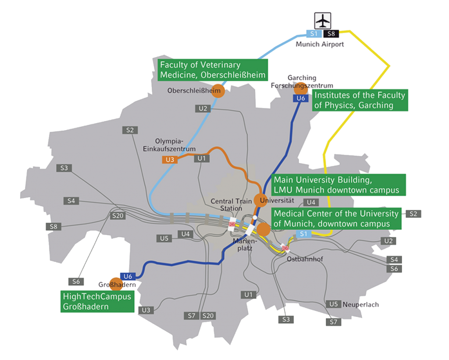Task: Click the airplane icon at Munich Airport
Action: tap(323, 20)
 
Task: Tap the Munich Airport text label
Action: tap(320, 44)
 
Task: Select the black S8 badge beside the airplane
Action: tap(331, 33)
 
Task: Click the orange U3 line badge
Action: tap(170, 160)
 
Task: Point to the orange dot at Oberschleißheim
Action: tap(218, 91)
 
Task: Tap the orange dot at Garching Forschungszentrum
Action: tap(301, 88)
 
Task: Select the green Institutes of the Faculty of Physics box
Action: tap(359, 100)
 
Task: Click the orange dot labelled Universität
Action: tap(260, 200)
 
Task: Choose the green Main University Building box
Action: tap(337, 185)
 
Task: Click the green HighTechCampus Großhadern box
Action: tap(97, 302)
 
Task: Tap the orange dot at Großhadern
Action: tap(116, 284)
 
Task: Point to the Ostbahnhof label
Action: tap(304, 259)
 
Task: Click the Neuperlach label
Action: tap(360, 304)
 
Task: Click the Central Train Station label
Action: tap(226, 205)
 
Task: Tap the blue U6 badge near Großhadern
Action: tap(128, 276)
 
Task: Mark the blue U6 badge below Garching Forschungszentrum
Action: tap(300, 98)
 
